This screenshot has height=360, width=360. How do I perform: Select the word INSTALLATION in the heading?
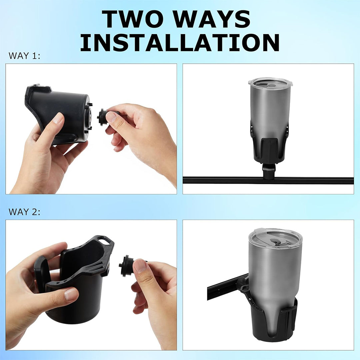point(180,43)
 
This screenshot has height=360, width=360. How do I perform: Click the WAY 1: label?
point(24,56)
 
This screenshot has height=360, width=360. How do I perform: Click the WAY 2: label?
point(24,212)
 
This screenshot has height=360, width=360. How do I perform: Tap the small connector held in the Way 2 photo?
point(127,266)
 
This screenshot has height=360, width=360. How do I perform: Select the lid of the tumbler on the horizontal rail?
point(268,82)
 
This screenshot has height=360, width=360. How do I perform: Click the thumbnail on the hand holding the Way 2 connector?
point(140,267)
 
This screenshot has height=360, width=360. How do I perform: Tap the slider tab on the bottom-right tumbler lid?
point(273,241)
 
